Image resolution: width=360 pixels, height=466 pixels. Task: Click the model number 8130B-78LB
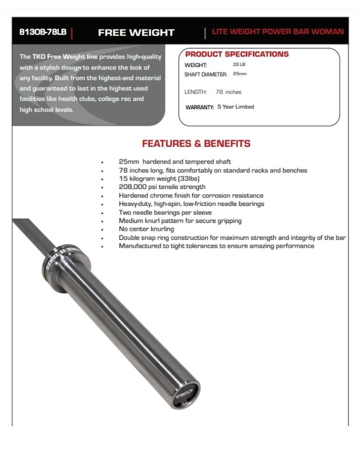(x=43, y=32)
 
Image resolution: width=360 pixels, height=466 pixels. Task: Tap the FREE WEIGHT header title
(x=136, y=33)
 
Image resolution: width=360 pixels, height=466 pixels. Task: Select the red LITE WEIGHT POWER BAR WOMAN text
(x=278, y=32)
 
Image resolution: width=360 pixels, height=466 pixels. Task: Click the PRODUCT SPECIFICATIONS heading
(x=237, y=54)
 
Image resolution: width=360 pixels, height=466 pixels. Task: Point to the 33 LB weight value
(x=239, y=64)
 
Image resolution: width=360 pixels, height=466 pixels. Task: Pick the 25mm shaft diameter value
(x=240, y=74)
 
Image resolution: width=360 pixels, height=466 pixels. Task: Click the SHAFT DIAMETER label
(x=206, y=74)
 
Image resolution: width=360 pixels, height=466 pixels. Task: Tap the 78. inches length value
(x=228, y=92)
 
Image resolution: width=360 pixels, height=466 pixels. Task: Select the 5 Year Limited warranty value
(x=235, y=107)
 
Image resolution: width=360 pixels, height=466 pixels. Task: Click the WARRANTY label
(x=200, y=107)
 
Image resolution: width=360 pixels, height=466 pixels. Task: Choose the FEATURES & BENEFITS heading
(x=196, y=144)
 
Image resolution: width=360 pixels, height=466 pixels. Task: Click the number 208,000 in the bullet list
(x=133, y=187)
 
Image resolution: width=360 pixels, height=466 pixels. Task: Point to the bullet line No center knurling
(x=146, y=229)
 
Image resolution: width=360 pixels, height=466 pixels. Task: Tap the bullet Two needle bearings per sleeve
(x=165, y=212)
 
